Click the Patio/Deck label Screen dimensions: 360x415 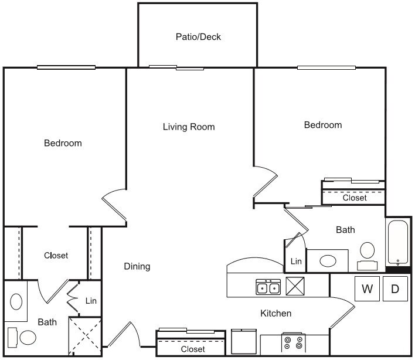click(x=198, y=37)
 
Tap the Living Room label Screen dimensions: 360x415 click(x=189, y=127)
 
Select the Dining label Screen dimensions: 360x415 click(x=137, y=266)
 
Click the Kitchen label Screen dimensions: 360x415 click(x=275, y=314)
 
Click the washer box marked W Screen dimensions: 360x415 click(x=368, y=288)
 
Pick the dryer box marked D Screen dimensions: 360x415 click(x=395, y=288)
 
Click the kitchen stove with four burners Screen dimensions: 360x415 click(x=294, y=342)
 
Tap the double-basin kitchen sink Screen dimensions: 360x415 click(x=268, y=287)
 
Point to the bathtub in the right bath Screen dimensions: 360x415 click(x=399, y=242)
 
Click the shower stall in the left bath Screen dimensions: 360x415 click(x=84, y=335)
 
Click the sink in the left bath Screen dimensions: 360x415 click(x=17, y=302)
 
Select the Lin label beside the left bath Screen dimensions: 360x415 click(x=90, y=301)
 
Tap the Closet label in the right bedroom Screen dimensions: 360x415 click(x=355, y=198)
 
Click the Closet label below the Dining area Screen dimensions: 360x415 click(x=193, y=349)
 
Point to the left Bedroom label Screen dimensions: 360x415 click(x=63, y=143)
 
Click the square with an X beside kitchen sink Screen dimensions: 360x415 click(x=295, y=287)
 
